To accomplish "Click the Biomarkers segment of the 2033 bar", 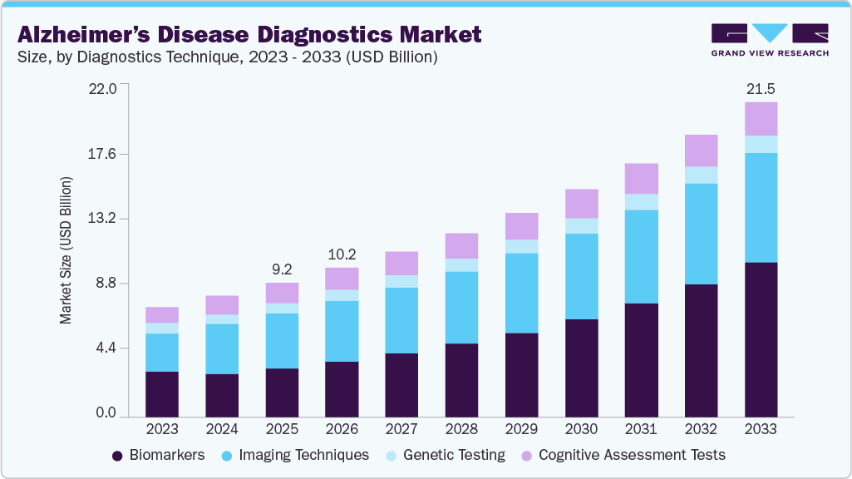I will click(x=761, y=339).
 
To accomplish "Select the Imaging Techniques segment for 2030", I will click(x=581, y=276).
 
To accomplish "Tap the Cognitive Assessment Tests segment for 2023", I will click(x=162, y=314).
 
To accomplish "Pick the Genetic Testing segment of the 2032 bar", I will click(x=701, y=175).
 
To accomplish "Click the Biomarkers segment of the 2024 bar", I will click(x=222, y=395).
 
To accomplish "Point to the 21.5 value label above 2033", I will click(x=761, y=88).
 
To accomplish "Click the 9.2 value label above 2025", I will click(x=282, y=269).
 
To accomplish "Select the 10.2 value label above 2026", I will click(x=342, y=254).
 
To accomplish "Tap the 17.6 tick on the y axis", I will click(x=103, y=154).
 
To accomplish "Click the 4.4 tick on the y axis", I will click(x=106, y=348).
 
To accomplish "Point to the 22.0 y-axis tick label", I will click(x=103, y=88).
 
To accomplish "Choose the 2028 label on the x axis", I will click(x=461, y=429).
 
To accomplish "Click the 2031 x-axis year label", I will click(x=641, y=429).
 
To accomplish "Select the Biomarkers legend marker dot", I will click(x=117, y=456).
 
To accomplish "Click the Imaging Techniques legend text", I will click(x=303, y=455).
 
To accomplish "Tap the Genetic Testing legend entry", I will click(x=453, y=455).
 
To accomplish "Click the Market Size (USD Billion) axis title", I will click(x=66, y=250).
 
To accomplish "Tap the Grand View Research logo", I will click(x=770, y=39).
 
